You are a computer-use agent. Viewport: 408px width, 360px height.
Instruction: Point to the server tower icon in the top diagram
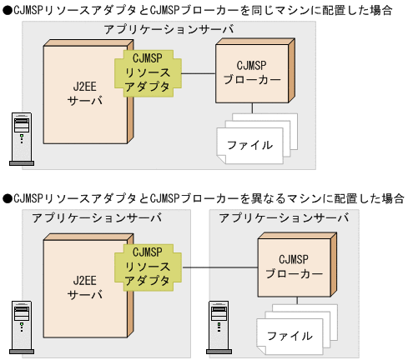point(19,137)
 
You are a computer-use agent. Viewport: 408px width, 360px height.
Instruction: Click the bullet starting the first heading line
point(7,9)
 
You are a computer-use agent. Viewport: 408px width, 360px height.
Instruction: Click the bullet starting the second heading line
point(7,198)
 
